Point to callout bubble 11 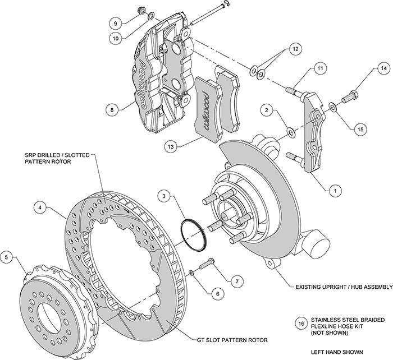pyautogui.click(x=319, y=68)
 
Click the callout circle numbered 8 pyautogui.click(x=113, y=110)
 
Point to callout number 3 pyautogui.click(x=164, y=196)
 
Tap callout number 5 pyautogui.click(x=7, y=257)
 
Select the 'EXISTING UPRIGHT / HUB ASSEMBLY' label pyautogui.click(x=343, y=288)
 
